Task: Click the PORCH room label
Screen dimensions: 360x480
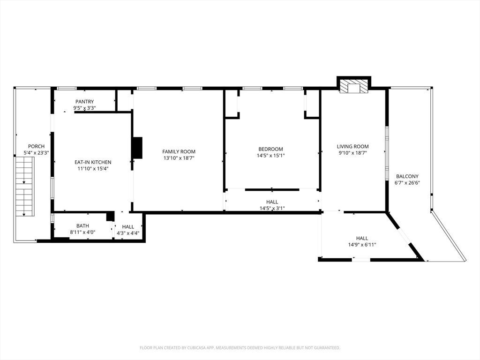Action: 36,146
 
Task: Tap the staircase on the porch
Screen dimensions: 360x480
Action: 24,186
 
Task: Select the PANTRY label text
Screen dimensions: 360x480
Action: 84,102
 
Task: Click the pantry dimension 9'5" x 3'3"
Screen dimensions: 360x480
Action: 84,108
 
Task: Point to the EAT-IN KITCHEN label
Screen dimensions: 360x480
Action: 93,162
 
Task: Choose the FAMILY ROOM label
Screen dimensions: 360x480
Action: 179,151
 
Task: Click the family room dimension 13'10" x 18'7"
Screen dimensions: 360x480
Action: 179,158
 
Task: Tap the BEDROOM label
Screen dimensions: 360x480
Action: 270,149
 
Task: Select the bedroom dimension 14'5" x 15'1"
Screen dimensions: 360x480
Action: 270,156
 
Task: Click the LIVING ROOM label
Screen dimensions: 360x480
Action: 352,146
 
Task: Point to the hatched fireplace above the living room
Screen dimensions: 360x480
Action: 354,86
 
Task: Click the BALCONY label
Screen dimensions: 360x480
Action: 407,176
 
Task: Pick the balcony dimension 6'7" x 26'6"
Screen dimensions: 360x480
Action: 407,183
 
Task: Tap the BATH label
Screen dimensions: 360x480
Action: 82,226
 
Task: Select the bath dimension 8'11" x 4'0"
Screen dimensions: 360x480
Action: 82,232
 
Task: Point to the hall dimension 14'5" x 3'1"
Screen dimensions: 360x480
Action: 272,208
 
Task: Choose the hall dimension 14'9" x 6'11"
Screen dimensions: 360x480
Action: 361,244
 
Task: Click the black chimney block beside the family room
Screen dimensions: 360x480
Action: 137,148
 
